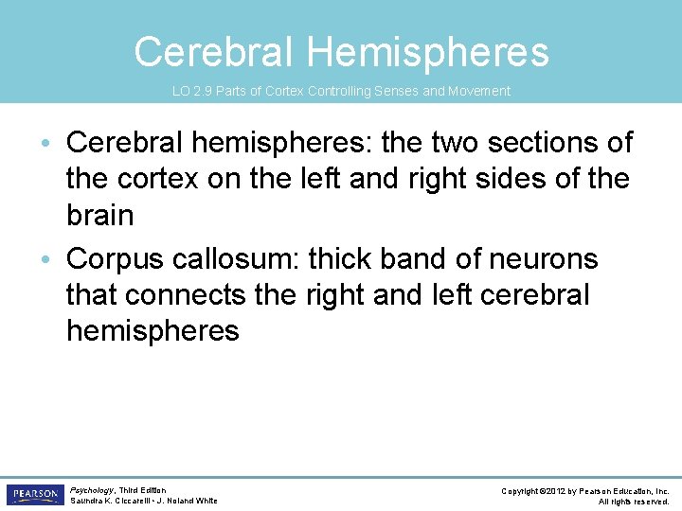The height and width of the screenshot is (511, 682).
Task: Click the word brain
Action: (99, 215)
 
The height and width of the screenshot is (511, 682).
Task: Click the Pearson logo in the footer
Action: (34, 495)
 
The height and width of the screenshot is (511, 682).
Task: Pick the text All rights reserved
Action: (634, 502)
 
